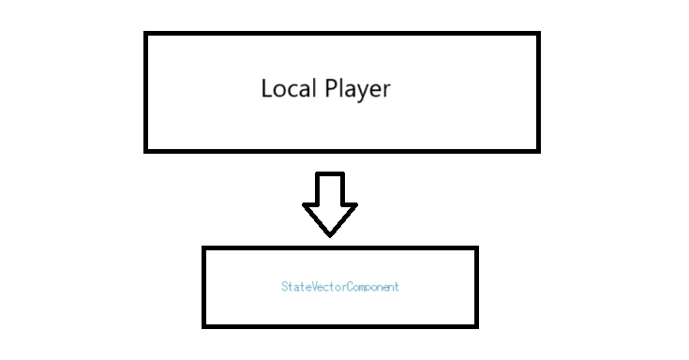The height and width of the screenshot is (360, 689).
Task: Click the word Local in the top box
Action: pos(289,90)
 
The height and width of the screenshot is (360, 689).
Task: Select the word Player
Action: pos(357,91)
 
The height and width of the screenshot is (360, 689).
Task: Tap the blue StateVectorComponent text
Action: pos(339,287)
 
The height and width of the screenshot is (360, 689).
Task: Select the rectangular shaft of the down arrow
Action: pos(330,187)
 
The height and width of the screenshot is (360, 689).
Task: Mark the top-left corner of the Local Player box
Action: pos(146,34)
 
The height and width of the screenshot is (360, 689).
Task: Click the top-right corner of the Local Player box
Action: pos(538,34)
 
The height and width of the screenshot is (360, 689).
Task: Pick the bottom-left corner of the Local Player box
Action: pos(146,150)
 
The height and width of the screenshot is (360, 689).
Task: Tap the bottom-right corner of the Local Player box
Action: pos(538,150)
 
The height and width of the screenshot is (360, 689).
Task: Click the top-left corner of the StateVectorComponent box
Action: pos(204,248)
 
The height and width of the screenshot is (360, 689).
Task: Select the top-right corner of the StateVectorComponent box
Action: pos(476,248)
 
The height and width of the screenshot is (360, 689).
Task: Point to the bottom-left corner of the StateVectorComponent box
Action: pos(204,325)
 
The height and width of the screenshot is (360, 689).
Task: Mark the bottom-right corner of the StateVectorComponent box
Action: pos(476,325)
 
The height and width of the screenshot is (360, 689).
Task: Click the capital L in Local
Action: pos(266,90)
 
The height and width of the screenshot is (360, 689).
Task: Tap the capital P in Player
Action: pos(331,90)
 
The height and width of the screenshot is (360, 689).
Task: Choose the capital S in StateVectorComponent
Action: pos(284,287)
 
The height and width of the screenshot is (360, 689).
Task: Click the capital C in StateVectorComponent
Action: pos(347,287)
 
